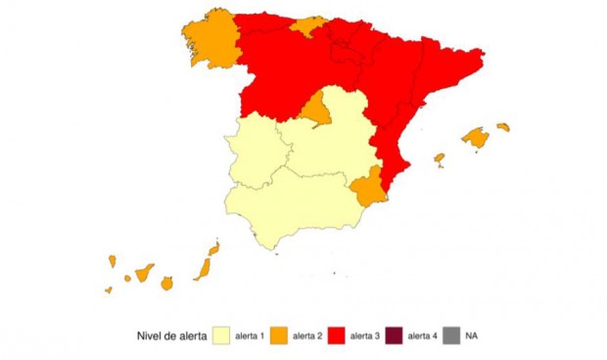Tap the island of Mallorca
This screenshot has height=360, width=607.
(x=476, y=138)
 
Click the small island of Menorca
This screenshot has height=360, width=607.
(x=503, y=126)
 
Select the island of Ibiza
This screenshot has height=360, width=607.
(x=440, y=158)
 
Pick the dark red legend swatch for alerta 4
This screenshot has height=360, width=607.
(x=395, y=337)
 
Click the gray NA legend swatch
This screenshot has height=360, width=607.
(x=451, y=337)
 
